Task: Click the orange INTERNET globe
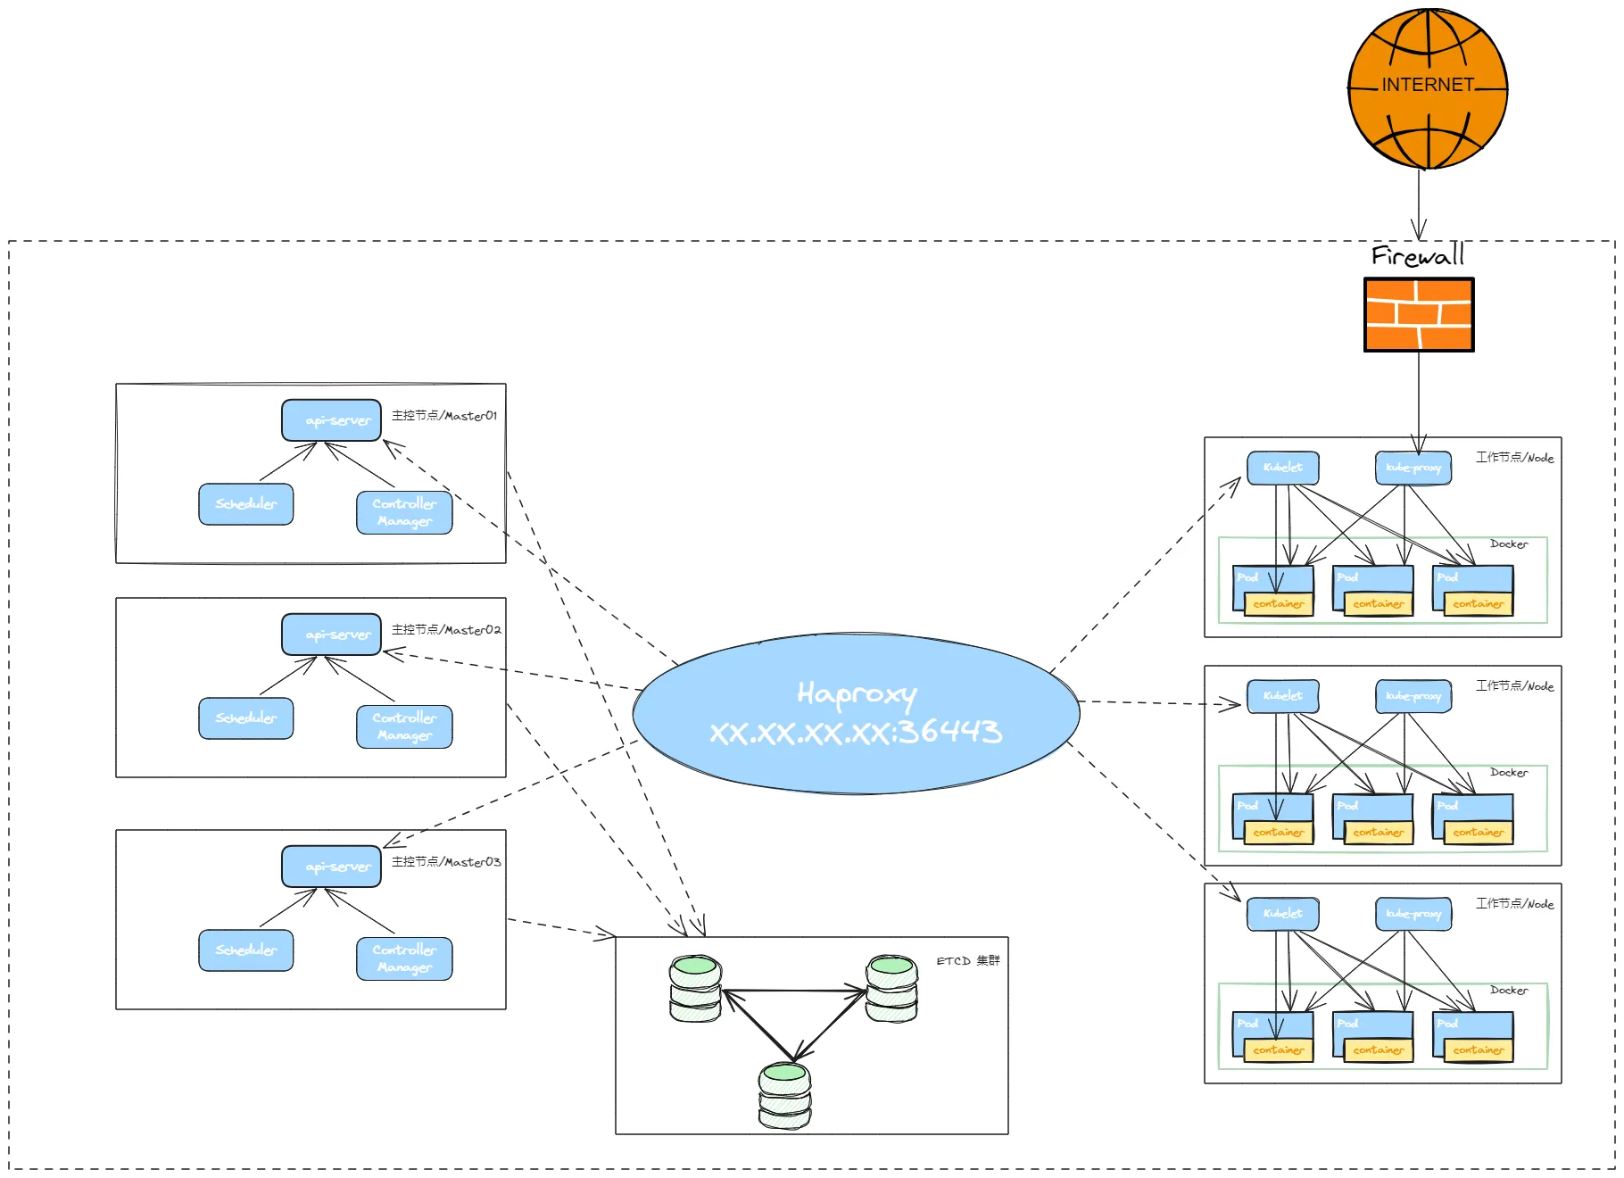(x=1428, y=88)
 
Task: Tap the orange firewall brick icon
(x=1419, y=314)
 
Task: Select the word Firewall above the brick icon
(x=1418, y=256)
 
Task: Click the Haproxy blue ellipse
(x=857, y=714)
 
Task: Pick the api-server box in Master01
(x=332, y=420)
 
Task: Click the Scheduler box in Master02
(x=246, y=718)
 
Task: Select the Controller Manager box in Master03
(x=404, y=958)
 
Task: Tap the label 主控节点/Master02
(x=446, y=630)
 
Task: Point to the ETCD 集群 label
(x=968, y=961)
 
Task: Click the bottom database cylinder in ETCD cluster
(x=784, y=1096)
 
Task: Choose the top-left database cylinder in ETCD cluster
(x=695, y=989)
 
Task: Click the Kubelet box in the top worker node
(x=1283, y=468)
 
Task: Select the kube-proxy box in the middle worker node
(x=1413, y=696)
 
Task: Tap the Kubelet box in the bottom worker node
(x=1283, y=914)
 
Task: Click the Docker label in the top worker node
(x=1509, y=544)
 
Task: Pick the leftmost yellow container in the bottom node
(x=1279, y=1050)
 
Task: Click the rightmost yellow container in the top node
(x=1479, y=604)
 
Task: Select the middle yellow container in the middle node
(x=1379, y=833)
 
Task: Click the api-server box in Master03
(x=332, y=867)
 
